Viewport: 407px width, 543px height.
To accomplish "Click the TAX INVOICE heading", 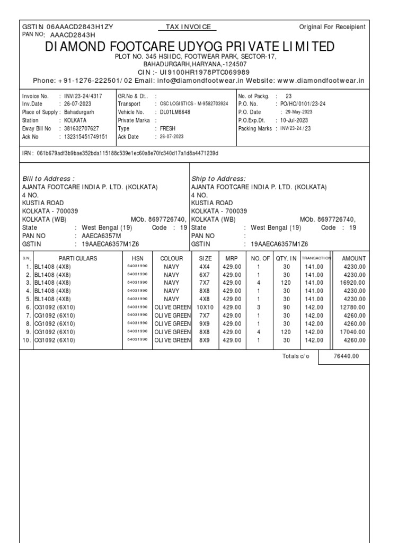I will pos(188,27).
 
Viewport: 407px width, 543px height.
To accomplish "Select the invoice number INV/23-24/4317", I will pos(83,96).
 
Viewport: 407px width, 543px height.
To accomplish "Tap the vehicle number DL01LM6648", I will pos(175,112).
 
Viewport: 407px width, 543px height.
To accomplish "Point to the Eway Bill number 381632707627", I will pos(81,128).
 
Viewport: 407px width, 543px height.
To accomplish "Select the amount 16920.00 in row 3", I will pos(352,283).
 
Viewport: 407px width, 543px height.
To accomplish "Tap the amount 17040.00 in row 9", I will pos(352,331).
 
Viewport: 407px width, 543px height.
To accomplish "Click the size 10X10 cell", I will pos(205,307).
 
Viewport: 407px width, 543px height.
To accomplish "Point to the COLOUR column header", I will pos(171,258).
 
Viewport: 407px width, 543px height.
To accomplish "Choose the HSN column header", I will pos(137,258).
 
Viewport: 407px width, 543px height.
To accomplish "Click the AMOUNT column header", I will pos(354,258).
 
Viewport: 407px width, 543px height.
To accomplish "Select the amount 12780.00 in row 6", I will pos(352,307).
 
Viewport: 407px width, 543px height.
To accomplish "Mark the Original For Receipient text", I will pos(332,27).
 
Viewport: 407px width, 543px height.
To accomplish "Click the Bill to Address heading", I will pos(48,179).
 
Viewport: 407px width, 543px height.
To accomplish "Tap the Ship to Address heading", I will pos(218,179).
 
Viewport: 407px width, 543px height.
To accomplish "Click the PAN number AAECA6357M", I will pos(101,235).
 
